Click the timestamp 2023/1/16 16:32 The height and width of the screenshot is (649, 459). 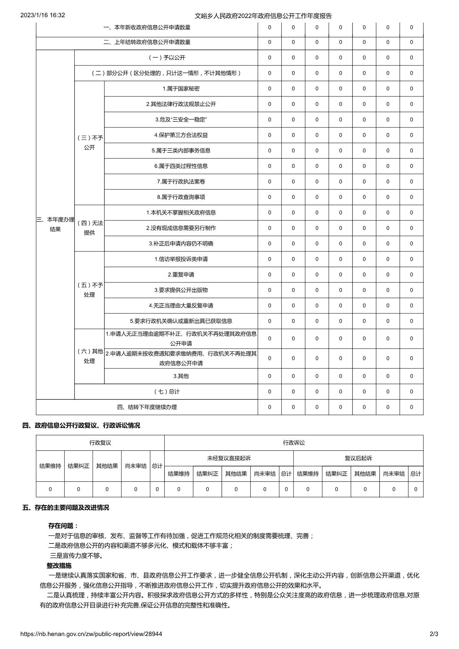(x=42, y=15)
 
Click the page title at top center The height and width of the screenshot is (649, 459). (x=263, y=16)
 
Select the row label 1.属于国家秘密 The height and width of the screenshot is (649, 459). (x=181, y=89)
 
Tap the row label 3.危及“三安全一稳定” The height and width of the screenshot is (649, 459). (x=181, y=120)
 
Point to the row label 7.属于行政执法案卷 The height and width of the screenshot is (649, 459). (x=181, y=182)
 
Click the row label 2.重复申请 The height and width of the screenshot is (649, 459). (x=181, y=275)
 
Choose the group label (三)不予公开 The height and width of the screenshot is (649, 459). (x=90, y=143)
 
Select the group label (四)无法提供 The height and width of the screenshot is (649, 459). (x=90, y=228)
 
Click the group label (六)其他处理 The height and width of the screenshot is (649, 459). (x=90, y=356)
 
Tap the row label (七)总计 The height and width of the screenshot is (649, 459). (x=166, y=392)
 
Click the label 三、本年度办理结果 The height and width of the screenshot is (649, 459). (x=55, y=225)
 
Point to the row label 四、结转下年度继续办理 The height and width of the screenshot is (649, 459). (x=147, y=407)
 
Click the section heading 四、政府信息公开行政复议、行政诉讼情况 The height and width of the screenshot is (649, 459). (x=81, y=426)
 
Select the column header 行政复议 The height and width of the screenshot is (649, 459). (x=100, y=443)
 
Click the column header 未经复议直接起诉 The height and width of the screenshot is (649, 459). (x=229, y=458)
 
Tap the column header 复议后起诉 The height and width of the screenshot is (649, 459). (x=358, y=458)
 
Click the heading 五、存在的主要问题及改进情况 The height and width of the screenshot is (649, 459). (x=66, y=508)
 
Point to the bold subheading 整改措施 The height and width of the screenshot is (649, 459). (x=59, y=566)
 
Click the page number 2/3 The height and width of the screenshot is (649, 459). (x=434, y=634)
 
